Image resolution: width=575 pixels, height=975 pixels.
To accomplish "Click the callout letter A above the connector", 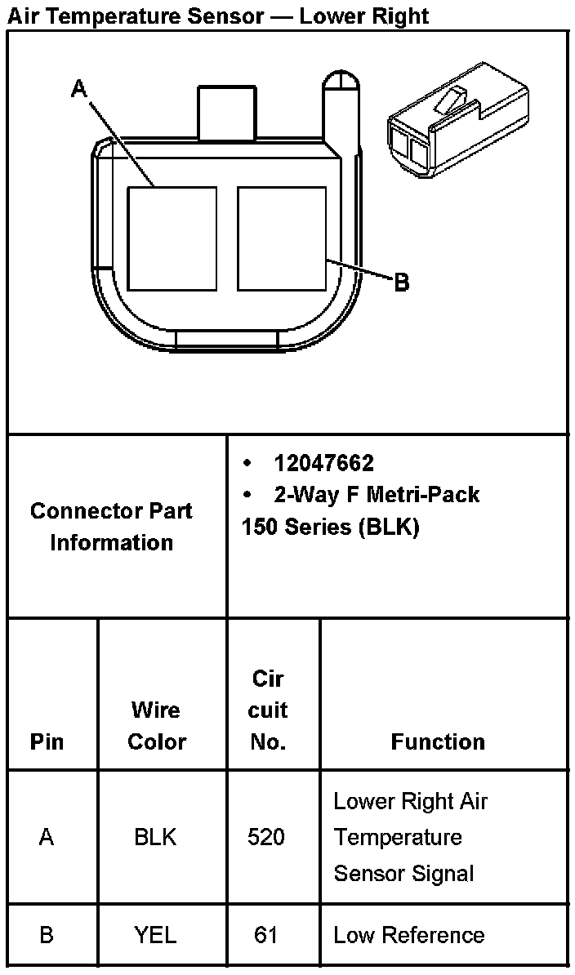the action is click(78, 89).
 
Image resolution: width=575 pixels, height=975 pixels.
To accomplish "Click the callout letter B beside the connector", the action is click(401, 283).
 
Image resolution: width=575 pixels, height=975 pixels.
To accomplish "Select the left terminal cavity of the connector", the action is click(172, 238).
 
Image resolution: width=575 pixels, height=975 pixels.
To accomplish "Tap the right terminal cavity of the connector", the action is click(282, 238).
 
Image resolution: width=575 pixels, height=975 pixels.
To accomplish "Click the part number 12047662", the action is click(324, 464).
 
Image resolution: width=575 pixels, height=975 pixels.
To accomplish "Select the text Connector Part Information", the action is click(111, 527).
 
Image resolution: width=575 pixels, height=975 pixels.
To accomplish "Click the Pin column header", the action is click(47, 742).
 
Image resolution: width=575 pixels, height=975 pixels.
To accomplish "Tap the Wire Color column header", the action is click(157, 726).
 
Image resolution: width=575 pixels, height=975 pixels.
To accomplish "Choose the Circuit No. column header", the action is click(268, 710).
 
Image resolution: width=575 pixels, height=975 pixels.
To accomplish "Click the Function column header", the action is click(438, 742).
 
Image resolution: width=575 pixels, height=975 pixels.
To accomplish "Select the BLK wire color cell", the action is click(155, 838).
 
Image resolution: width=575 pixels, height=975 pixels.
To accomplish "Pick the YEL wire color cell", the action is click(155, 936).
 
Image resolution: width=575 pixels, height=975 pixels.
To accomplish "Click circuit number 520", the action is click(266, 838).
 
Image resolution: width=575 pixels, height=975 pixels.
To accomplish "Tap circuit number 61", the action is click(266, 936).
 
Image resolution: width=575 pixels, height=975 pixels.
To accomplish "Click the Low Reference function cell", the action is click(409, 936).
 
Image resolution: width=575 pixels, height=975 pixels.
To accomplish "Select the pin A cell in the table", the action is click(47, 838).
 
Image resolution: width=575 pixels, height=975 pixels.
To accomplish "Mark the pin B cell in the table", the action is click(47, 936).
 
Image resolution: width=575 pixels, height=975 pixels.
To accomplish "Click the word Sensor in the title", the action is click(230, 16).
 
